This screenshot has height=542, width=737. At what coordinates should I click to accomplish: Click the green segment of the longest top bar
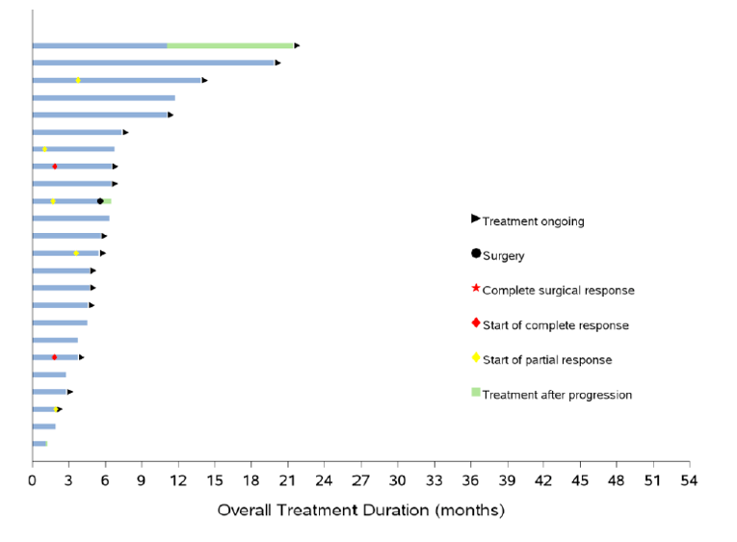tap(229, 45)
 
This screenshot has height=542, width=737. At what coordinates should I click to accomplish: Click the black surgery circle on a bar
tap(100, 201)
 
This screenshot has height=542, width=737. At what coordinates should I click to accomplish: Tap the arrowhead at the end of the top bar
tap(297, 45)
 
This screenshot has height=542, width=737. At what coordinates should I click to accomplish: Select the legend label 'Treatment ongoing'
tap(533, 221)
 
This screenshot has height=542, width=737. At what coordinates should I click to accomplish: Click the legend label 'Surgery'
tap(503, 256)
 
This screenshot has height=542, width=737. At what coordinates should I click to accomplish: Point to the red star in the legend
tap(475, 289)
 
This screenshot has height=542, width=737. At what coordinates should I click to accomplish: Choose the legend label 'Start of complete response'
tap(555, 325)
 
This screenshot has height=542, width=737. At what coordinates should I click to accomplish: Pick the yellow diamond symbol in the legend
tap(475, 358)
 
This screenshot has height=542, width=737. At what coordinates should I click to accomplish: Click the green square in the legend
tap(475, 393)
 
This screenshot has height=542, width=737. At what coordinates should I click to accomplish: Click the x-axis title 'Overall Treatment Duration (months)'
tap(360, 510)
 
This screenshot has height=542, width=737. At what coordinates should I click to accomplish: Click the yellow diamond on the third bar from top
tap(78, 80)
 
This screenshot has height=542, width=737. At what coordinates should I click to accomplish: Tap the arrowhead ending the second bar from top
tap(278, 63)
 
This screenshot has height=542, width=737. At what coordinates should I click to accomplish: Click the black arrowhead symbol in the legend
tap(475, 219)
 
